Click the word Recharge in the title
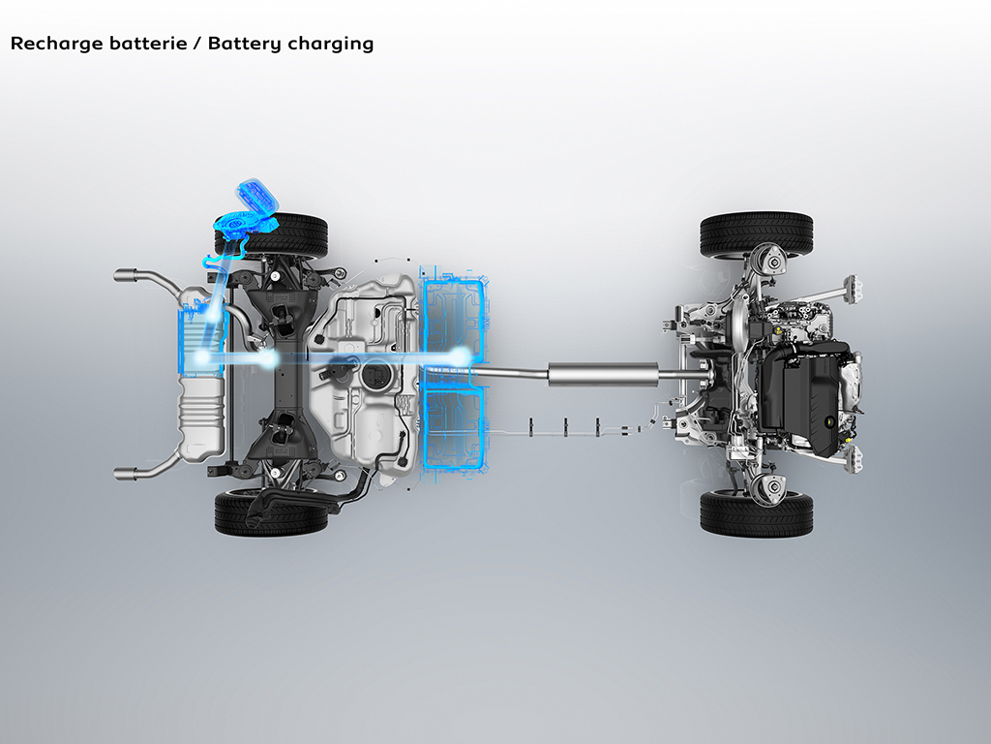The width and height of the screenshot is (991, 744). tap(55, 44)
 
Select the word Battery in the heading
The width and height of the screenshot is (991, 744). tap(244, 44)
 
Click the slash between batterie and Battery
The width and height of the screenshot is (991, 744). tap(197, 44)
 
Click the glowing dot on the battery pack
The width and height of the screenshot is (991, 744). tap(462, 356)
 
